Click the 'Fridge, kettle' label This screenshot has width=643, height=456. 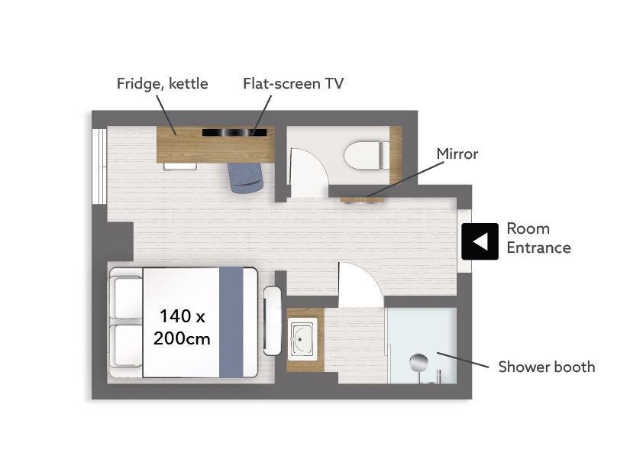coord(163,84)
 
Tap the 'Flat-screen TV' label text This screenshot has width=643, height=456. coord(293,84)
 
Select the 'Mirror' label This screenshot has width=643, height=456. coord(457,154)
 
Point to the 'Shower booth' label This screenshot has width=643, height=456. coord(547,367)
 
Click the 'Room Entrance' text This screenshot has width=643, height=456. coord(538,238)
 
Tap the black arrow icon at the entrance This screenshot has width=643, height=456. coord(480,241)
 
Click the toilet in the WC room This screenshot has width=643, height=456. coord(367,156)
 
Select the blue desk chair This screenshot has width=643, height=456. coord(245,177)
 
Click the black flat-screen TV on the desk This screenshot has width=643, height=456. coord(234,132)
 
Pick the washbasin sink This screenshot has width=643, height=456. coord(302,338)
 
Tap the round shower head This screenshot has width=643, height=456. coord(418,362)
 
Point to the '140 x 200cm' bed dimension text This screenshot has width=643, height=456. coord(182,328)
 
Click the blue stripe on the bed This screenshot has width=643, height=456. coord(231,322)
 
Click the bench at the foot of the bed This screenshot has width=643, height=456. coord(273,321)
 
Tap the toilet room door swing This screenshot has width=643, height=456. coord(309,173)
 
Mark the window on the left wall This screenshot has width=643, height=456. coord(99,166)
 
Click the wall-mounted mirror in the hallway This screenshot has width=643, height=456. coord(362,199)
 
